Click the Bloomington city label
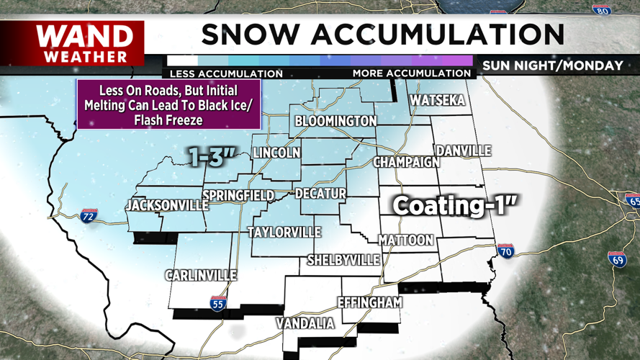[335, 121]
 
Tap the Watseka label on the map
[438, 100]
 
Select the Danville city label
[463, 150]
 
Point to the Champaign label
[407, 162]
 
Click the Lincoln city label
[276, 153]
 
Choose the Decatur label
[321, 194]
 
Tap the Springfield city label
[238, 195]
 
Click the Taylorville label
[284, 233]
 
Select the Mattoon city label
[406, 240]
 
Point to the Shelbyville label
[343, 259]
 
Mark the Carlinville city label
[199, 275]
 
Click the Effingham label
[370, 303]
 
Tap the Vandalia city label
[307, 324]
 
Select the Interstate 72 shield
[89, 216]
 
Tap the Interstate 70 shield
[505, 250]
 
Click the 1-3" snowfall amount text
[214, 156]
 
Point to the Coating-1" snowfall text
[455, 206]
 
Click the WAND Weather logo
[85, 43]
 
